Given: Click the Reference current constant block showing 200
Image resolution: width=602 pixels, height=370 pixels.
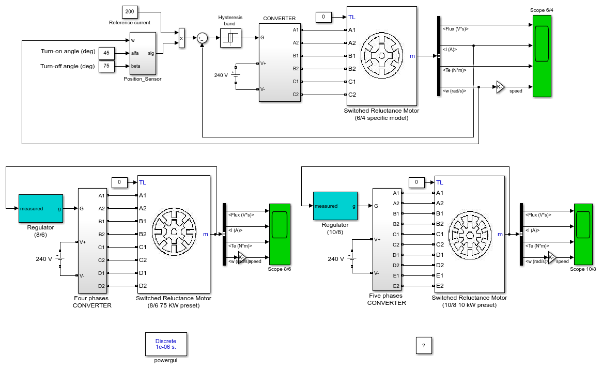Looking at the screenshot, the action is [130, 12].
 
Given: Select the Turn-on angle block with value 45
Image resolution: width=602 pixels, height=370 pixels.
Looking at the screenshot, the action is [106, 53].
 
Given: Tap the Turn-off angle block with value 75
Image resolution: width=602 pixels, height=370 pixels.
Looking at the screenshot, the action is [106, 66].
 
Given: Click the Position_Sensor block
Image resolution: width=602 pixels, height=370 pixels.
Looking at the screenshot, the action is [143, 53].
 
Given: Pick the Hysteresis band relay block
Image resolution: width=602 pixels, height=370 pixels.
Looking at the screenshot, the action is [231, 38].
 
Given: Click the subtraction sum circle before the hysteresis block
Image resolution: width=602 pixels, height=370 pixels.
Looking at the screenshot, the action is [203, 38].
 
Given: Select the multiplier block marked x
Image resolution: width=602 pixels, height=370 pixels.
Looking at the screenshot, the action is [181, 38].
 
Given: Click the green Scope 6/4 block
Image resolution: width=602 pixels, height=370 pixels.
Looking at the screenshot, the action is [542, 56].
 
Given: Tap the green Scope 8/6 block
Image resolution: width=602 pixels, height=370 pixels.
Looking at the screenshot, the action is [280, 234].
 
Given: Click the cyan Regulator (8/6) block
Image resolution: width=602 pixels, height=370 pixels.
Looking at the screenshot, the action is [41, 208].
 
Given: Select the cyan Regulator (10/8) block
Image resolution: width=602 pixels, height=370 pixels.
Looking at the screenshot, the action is [335, 206].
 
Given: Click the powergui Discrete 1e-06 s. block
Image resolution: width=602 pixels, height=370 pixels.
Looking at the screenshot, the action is [166, 344].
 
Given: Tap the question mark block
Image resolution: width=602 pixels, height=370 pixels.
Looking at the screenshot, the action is [424, 345].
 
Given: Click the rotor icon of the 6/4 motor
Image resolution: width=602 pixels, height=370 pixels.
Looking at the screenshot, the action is [382, 56].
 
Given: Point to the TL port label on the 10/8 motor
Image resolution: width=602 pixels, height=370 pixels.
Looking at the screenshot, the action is [440, 182].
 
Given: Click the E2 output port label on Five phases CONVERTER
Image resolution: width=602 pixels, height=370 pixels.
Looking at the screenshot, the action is [396, 286].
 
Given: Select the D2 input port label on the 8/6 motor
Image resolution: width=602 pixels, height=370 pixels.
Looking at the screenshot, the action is [143, 286].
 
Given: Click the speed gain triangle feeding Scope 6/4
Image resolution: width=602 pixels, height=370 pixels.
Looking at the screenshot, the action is [500, 87].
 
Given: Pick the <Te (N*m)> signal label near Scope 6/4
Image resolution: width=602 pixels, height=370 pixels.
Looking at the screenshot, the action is [455, 70].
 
